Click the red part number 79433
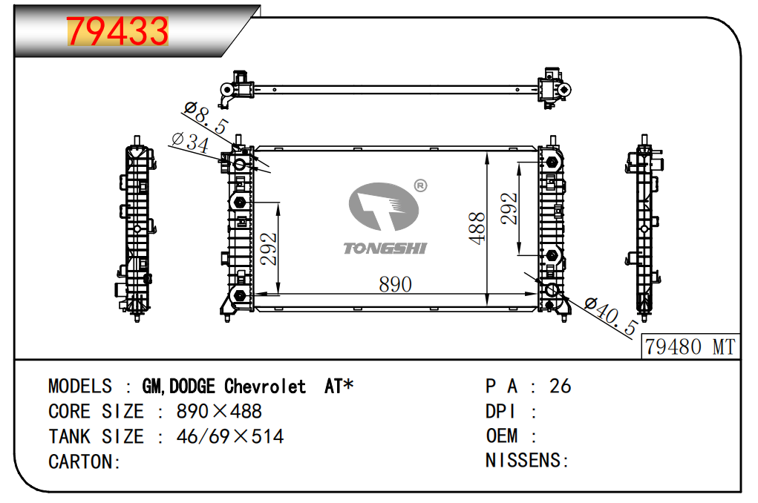click(x=119, y=31)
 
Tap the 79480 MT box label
click(x=690, y=346)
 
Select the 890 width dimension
click(x=395, y=284)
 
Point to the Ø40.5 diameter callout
click(x=610, y=315)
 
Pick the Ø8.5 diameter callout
click(x=206, y=119)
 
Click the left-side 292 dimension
click(x=268, y=249)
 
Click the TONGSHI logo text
click(x=385, y=248)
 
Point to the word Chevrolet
click(x=265, y=387)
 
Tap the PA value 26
click(x=560, y=386)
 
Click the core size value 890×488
click(x=219, y=412)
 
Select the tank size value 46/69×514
click(x=229, y=436)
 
